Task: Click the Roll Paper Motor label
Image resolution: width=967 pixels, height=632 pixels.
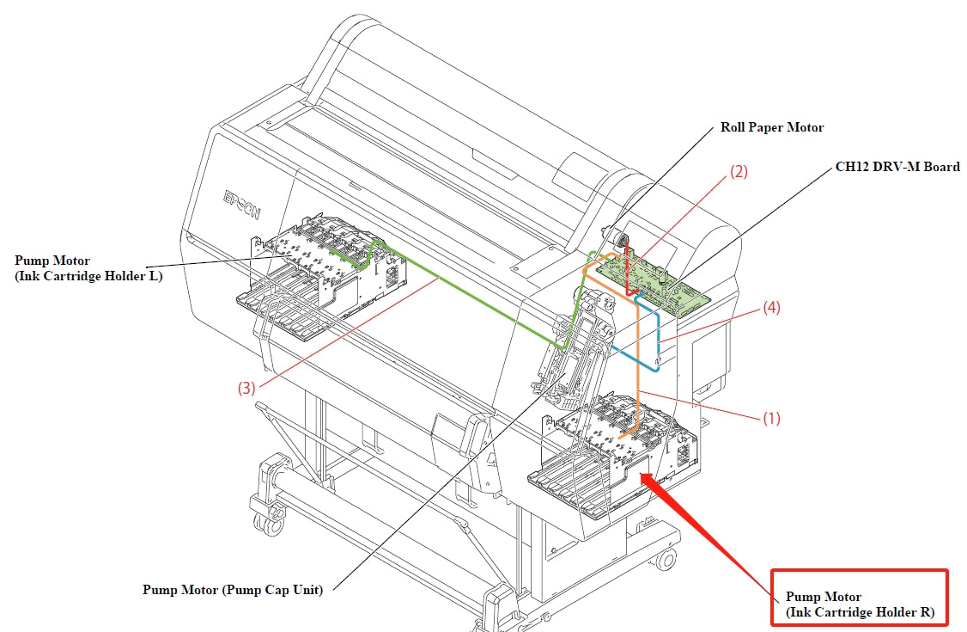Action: point(771,127)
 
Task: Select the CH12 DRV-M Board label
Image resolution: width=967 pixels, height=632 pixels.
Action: point(897,167)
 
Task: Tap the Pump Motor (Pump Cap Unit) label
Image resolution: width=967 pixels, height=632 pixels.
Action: point(232,590)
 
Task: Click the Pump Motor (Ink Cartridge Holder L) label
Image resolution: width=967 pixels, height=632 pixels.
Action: point(88,267)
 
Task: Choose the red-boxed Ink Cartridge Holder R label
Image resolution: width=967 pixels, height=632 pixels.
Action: point(859,605)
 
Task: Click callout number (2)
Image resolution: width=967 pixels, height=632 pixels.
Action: point(739,171)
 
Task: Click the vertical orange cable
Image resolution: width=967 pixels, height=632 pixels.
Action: point(638,361)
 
